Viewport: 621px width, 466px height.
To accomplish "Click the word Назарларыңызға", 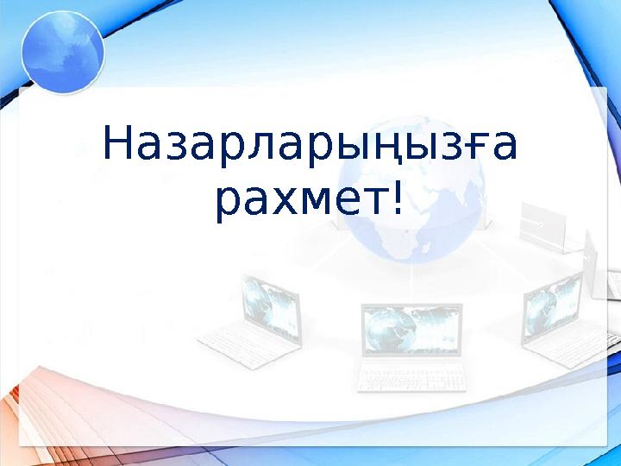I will point(310,147).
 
